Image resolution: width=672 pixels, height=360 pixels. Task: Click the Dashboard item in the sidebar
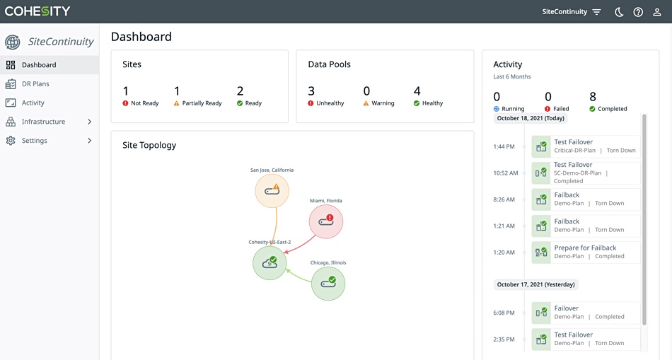click(39, 64)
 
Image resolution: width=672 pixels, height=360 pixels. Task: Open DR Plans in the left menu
click(35, 83)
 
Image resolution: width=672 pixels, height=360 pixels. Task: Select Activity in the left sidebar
click(33, 103)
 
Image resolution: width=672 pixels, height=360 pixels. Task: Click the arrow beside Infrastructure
click(89, 122)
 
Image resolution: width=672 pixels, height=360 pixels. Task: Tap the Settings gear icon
click(11, 141)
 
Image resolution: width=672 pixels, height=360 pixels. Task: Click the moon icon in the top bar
click(619, 12)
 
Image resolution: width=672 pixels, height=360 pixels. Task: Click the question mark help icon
click(638, 12)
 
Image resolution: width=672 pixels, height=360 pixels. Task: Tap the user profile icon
click(657, 12)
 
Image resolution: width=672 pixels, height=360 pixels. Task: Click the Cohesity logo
click(37, 11)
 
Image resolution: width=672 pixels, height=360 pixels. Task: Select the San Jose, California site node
click(272, 190)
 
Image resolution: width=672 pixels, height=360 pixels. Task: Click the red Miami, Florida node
click(325, 221)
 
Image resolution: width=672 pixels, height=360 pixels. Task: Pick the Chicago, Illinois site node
click(328, 284)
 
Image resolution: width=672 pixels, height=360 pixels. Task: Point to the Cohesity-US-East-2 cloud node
click(270, 262)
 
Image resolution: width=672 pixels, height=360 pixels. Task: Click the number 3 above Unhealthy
click(311, 91)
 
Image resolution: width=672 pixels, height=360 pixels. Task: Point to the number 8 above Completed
click(593, 96)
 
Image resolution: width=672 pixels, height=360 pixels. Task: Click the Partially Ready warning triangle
click(176, 103)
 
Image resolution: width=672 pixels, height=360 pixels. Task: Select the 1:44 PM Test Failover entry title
click(573, 142)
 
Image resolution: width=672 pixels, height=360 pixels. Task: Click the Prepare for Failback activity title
click(585, 248)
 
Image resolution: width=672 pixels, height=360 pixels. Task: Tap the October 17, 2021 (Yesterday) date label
click(535, 284)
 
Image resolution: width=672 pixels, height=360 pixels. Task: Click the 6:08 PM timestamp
click(504, 313)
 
